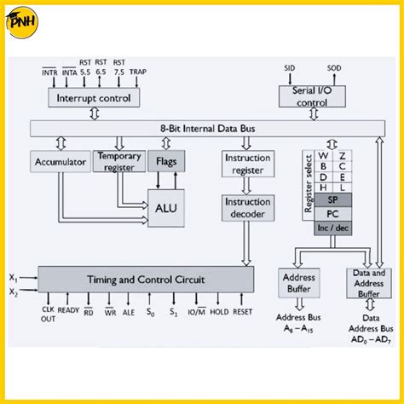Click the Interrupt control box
(94, 98)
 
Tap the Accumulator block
(59, 161)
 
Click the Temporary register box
(118, 161)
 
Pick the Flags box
(166, 161)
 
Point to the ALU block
(165, 206)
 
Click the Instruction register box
(246, 164)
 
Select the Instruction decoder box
(246, 208)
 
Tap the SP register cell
(332, 199)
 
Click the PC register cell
(332, 214)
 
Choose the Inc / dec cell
(332, 229)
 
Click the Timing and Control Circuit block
(145, 280)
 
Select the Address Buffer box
(297, 283)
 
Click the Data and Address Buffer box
(367, 284)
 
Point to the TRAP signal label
(137, 73)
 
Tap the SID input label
(289, 66)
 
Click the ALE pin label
(128, 313)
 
